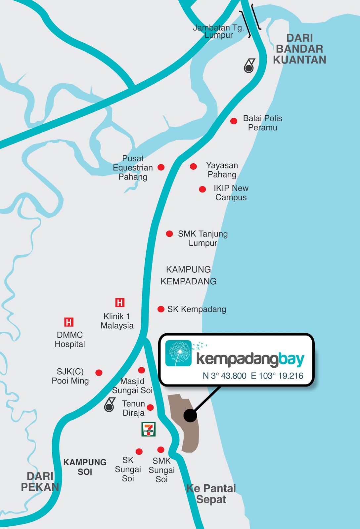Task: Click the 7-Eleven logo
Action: pyautogui.click(x=149, y=429)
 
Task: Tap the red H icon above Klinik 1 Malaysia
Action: pyautogui.click(x=120, y=303)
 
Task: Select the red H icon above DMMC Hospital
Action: pyautogui.click(x=69, y=322)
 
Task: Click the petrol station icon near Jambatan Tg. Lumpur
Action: pyautogui.click(x=249, y=66)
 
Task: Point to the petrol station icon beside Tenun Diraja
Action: pyautogui.click(x=110, y=405)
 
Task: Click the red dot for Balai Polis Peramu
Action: pyautogui.click(x=234, y=121)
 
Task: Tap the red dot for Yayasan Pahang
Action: pyautogui.click(x=194, y=166)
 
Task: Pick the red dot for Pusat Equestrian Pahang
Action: pyautogui.click(x=161, y=167)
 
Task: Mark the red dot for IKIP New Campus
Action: pyautogui.click(x=202, y=189)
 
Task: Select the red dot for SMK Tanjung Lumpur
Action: pyautogui.click(x=169, y=234)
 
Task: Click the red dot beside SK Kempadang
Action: pyautogui.click(x=161, y=309)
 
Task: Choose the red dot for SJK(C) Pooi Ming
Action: pyautogui.click(x=99, y=373)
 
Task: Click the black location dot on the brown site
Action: pyautogui.click(x=190, y=415)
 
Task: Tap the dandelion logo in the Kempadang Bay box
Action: pyautogui.click(x=179, y=353)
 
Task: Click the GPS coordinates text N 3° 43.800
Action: pyautogui.click(x=224, y=376)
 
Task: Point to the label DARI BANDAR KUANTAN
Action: pyautogui.click(x=299, y=49)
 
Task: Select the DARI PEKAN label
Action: pyautogui.click(x=40, y=482)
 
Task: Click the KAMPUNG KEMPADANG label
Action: pyautogui.click(x=188, y=275)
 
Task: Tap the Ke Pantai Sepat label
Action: pyautogui.click(x=211, y=494)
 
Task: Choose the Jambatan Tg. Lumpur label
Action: pyautogui.click(x=218, y=31)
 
